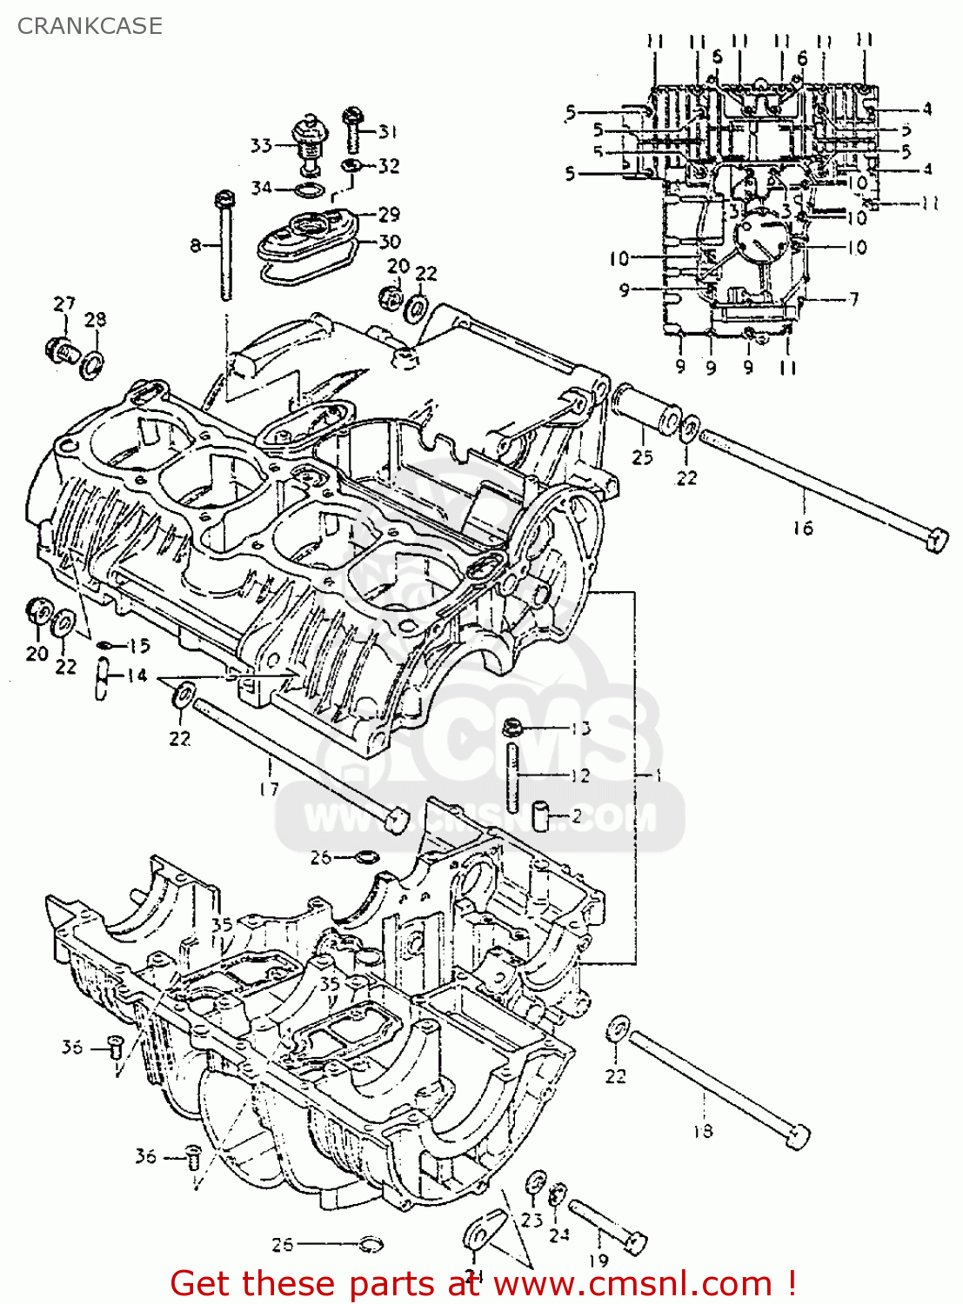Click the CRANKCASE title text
click(x=90, y=26)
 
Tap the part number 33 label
click(x=261, y=145)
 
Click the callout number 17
click(x=269, y=788)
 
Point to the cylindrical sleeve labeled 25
click(x=647, y=412)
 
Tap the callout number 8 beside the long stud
click(x=196, y=246)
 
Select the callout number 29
click(x=389, y=214)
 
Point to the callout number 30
click(x=389, y=242)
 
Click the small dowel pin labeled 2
click(x=541, y=816)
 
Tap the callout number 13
click(x=580, y=729)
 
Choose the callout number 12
click(x=579, y=775)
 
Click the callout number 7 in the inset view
click(x=853, y=299)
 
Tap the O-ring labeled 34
click(x=311, y=190)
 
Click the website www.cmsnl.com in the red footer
click(x=634, y=1283)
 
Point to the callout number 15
click(x=139, y=645)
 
